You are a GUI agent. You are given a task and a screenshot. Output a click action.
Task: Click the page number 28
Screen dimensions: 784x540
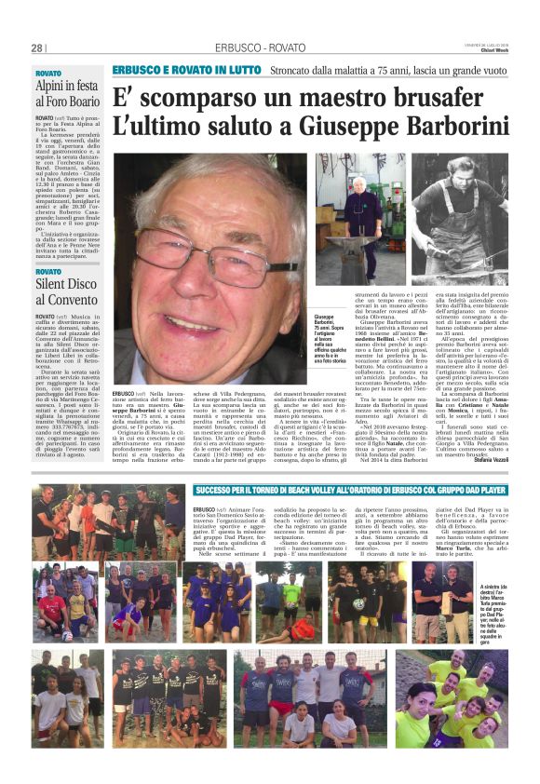37,47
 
